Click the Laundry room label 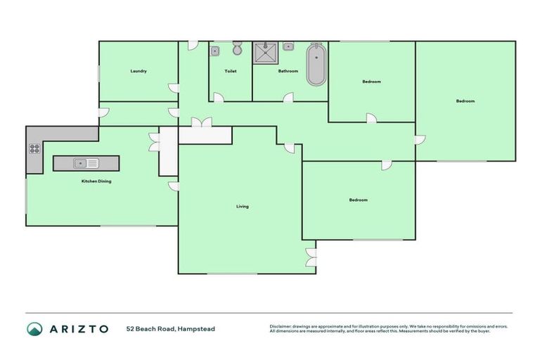pos(138,71)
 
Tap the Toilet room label pos(230,71)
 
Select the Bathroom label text pos(288,71)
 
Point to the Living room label pos(242,206)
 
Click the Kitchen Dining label pos(96,181)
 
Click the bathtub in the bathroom pos(316,65)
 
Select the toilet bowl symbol pos(237,49)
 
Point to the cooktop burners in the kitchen pos(34,149)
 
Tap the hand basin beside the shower pos(288,47)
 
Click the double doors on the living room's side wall pos(311,257)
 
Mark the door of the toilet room pos(219,98)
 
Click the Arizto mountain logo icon pos(34,328)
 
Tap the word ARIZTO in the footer pos(79,329)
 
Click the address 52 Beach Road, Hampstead pos(171,329)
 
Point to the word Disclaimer pos(281,326)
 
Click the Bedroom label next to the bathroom pos(371,82)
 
